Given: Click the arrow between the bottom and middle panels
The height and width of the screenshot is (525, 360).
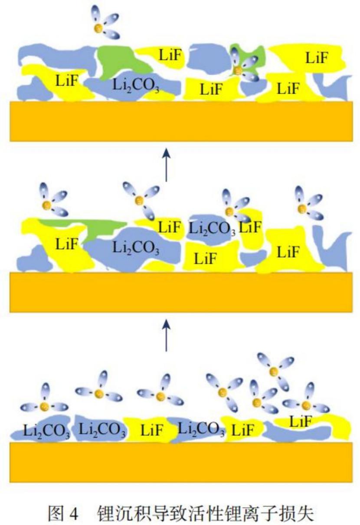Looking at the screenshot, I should (166, 335).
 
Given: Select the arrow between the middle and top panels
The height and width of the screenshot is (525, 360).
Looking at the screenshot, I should (166, 164).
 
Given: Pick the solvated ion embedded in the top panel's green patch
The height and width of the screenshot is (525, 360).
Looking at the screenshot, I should (238, 69).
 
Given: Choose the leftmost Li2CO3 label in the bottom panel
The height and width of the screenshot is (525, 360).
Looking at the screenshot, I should (46, 431).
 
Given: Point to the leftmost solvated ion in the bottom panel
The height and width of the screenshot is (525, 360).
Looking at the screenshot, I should (45, 406).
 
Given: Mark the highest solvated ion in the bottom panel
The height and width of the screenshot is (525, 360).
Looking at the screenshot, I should (274, 371).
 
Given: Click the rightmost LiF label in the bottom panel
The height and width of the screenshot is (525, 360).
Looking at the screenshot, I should (300, 421).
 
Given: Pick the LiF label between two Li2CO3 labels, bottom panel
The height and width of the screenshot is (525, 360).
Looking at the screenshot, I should (152, 430).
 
